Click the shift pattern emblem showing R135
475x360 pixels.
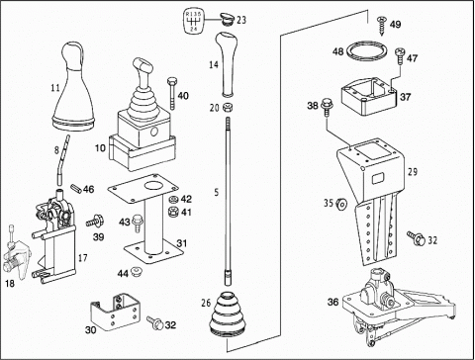click(x=193, y=22)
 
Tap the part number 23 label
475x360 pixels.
click(x=241, y=20)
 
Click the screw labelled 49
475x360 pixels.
click(x=382, y=26)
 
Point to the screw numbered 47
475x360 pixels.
click(x=399, y=56)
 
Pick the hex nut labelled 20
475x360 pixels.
click(x=228, y=107)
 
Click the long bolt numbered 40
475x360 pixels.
click(x=172, y=94)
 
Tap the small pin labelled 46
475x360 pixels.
click(x=75, y=189)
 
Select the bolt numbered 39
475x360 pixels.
click(x=95, y=221)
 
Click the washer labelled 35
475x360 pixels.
click(x=340, y=204)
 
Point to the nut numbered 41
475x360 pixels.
click(x=173, y=211)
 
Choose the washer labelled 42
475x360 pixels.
click(x=172, y=200)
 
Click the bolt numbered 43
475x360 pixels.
click(x=137, y=224)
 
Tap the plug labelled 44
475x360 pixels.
click(x=136, y=272)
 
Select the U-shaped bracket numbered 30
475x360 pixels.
click(x=115, y=313)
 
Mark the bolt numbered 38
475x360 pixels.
click(x=327, y=107)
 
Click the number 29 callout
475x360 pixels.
click(x=413, y=172)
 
